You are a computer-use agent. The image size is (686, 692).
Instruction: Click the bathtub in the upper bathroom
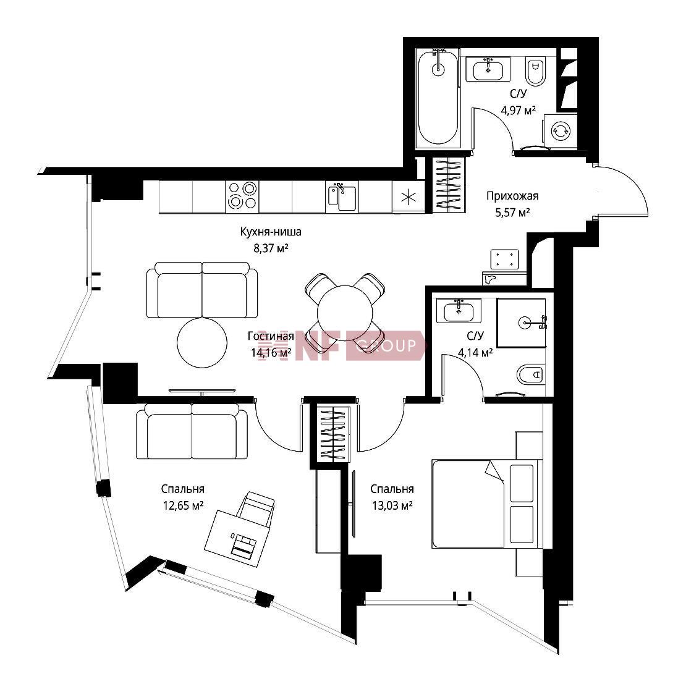pyautogui.click(x=438, y=98)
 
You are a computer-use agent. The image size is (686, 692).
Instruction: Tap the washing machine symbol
pyautogui.click(x=560, y=130)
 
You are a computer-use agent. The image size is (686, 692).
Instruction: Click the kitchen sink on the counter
pyautogui.click(x=342, y=198)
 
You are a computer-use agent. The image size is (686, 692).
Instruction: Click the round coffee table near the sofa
pyautogui.click(x=202, y=342)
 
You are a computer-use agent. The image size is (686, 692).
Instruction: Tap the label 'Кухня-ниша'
pyautogui.click(x=271, y=232)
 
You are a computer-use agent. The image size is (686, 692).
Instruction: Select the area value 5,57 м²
pyautogui.click(x=512, y=213)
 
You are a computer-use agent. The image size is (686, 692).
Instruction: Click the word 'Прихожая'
pyautogui.click(x=512, y=195)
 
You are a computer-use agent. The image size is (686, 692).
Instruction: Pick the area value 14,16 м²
pyautogui.click(x=271, y=353)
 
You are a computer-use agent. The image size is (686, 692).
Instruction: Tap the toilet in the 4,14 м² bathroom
pyautogui.click(x=531, y=375)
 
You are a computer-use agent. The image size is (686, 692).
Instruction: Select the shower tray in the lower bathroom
pyautogui.click(x=522, y=323)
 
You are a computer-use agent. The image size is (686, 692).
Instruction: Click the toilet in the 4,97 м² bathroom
pyautogui.click(x=535, y=71)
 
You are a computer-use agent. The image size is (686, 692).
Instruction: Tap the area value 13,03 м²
pyautogui.click(x=392, y=505)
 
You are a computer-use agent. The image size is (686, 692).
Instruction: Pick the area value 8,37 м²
pyautogui.click(x=271, y=248)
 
